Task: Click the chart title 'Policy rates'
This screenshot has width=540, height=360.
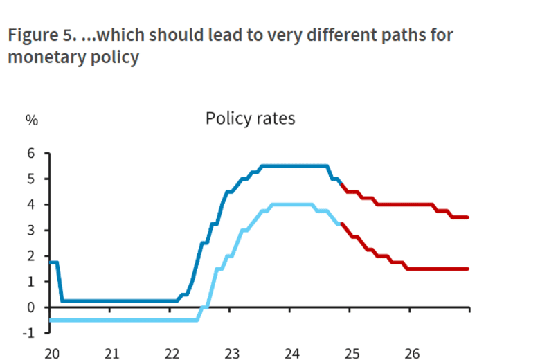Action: click(250, 118)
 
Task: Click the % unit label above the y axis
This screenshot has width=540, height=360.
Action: click(32, 119)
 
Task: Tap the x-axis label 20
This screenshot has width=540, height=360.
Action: click(51, 353)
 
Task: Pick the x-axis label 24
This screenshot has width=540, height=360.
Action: click(291, 353)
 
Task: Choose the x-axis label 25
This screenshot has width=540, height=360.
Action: click(352, 353)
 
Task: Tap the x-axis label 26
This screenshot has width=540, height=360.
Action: click(412, 353)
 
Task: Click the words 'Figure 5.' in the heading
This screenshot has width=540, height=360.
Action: click(40, 35)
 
